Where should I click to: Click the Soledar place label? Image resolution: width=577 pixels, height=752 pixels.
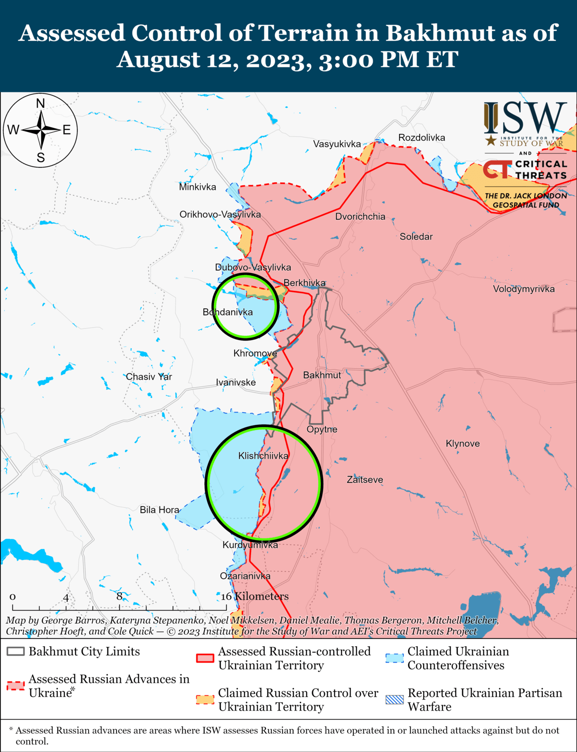(x=416, y=237)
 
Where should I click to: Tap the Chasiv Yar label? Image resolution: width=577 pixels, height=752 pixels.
(x=149, y=376)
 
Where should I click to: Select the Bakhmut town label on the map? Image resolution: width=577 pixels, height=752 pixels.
(x=322, y=375)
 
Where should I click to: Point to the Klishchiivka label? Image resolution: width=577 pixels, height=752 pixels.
(x=263, y=456)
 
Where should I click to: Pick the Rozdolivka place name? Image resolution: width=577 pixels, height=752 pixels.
(x=422, y=138)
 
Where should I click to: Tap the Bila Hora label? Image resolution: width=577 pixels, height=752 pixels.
(x=159, y=510)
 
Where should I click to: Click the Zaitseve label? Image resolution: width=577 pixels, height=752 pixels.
(x=365, y=479)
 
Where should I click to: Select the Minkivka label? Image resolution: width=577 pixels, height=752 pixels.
(x=197, y=187)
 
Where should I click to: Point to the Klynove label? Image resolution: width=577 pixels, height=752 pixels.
(x=463, y=443)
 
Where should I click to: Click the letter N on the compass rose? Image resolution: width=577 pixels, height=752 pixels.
(x=40, y=103)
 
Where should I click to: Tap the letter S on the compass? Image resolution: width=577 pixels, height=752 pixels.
(x=40, y=157)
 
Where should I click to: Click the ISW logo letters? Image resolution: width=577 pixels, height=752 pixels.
(x=526, y=118)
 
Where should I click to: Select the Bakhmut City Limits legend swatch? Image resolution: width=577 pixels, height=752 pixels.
(x=15, y=652)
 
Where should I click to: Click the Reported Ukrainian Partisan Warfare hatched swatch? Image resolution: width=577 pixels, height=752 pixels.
(x=394, y=700)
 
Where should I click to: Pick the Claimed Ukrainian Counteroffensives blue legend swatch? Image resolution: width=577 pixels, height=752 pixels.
(x=394, y=658)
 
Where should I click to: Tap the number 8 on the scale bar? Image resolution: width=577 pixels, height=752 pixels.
(x=119, y=596)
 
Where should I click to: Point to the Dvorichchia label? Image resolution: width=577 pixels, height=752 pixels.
(x=360, y=216)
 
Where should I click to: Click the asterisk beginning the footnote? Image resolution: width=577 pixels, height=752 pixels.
(x=11, y=730)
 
